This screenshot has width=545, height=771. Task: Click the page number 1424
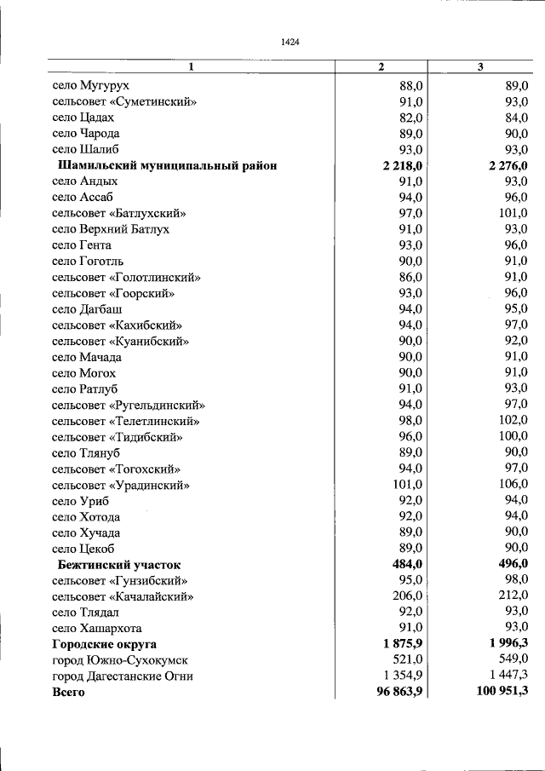[289, 41]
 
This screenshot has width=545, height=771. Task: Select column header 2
[381, 67]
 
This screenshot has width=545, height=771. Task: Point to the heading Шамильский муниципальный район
[167, 165]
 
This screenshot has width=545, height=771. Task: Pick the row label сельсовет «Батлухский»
[119, 213]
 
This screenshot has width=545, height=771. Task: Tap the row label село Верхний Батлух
[111, 229]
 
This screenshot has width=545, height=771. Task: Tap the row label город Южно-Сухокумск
[120, 660]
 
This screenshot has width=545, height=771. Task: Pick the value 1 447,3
[508, 676]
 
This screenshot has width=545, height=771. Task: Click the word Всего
[68, 693]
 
